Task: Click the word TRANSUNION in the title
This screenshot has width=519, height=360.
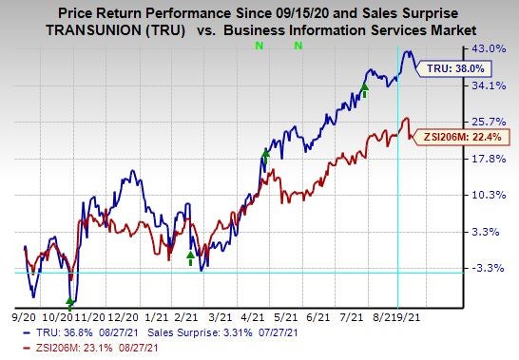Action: tap(112, 28)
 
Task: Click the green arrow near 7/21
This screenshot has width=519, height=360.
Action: tap(364, 89)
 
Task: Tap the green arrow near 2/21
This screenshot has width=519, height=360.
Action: tap(190, 256)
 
